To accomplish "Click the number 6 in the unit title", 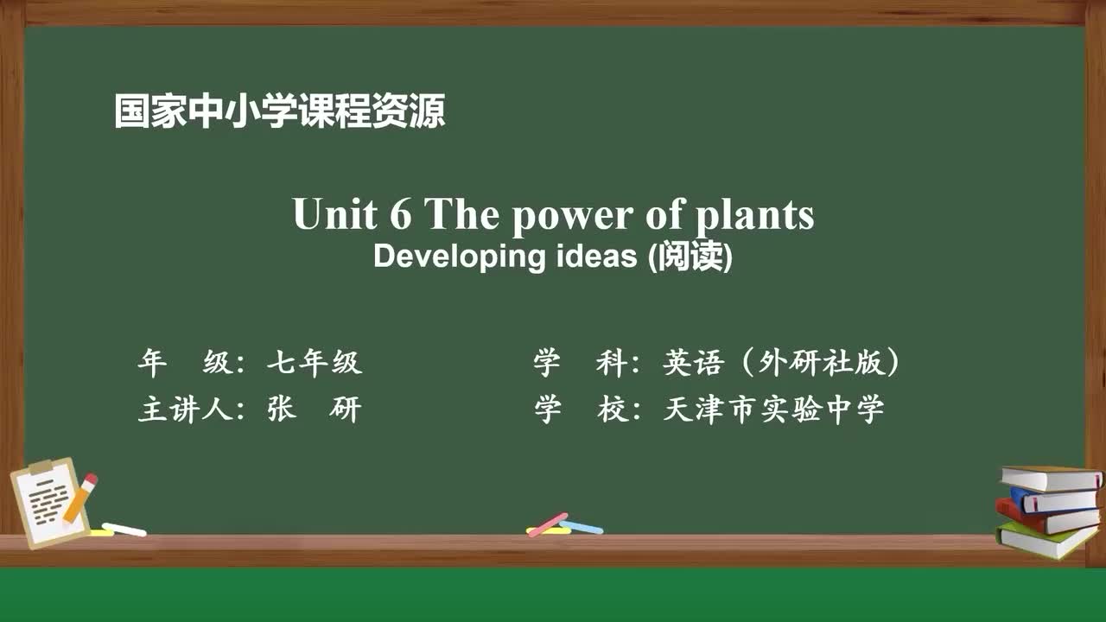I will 400,214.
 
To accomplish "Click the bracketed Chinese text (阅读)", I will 690,257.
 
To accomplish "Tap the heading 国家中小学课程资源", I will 279,111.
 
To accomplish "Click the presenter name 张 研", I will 314,409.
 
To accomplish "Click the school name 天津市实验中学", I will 773,409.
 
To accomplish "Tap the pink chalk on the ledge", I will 548,524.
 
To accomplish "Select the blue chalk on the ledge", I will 582,526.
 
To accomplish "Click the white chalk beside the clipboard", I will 124,529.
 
